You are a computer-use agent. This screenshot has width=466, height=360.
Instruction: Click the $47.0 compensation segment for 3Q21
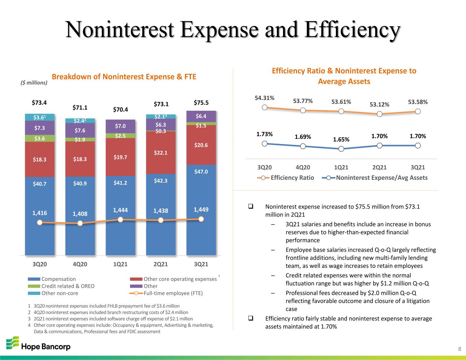tap(201, 210)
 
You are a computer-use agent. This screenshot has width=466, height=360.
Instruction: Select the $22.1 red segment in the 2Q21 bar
tap(160, 152)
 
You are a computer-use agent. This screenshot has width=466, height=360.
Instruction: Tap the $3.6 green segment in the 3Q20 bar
tap(40, 139)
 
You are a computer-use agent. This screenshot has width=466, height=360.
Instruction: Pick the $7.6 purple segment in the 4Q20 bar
tap(80, 130)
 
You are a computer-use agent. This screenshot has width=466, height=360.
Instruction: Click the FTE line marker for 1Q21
tap(121, 219)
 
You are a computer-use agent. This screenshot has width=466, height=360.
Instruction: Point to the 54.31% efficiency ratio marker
tap(265, 107)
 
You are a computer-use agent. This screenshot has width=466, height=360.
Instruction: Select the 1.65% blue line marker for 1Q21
tap(341, 149)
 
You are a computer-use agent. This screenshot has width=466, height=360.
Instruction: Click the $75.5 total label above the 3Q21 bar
tap(201, 103)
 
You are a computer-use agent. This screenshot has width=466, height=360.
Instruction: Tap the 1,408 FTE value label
tap(80, 214)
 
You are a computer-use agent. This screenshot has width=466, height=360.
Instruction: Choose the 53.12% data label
tap(379, 104)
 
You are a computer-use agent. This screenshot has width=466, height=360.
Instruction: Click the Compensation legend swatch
tap(34, 279)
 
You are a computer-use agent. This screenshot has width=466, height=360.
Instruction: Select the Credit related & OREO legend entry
tap(61, 286)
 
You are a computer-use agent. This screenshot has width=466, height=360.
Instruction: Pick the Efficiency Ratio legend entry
tap(285, 178)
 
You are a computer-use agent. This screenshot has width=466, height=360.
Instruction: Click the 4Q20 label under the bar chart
tap(80, 264)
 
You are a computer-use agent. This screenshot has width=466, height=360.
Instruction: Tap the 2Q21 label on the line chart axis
tap(379, 167)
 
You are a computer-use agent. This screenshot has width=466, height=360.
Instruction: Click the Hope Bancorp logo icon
tap(13, 343)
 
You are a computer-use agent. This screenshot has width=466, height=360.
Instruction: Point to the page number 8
tap(460, 349)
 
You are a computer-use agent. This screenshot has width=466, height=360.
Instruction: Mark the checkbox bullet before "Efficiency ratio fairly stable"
tap(251, 318)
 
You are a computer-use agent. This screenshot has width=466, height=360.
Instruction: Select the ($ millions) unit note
tap(34, 83)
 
